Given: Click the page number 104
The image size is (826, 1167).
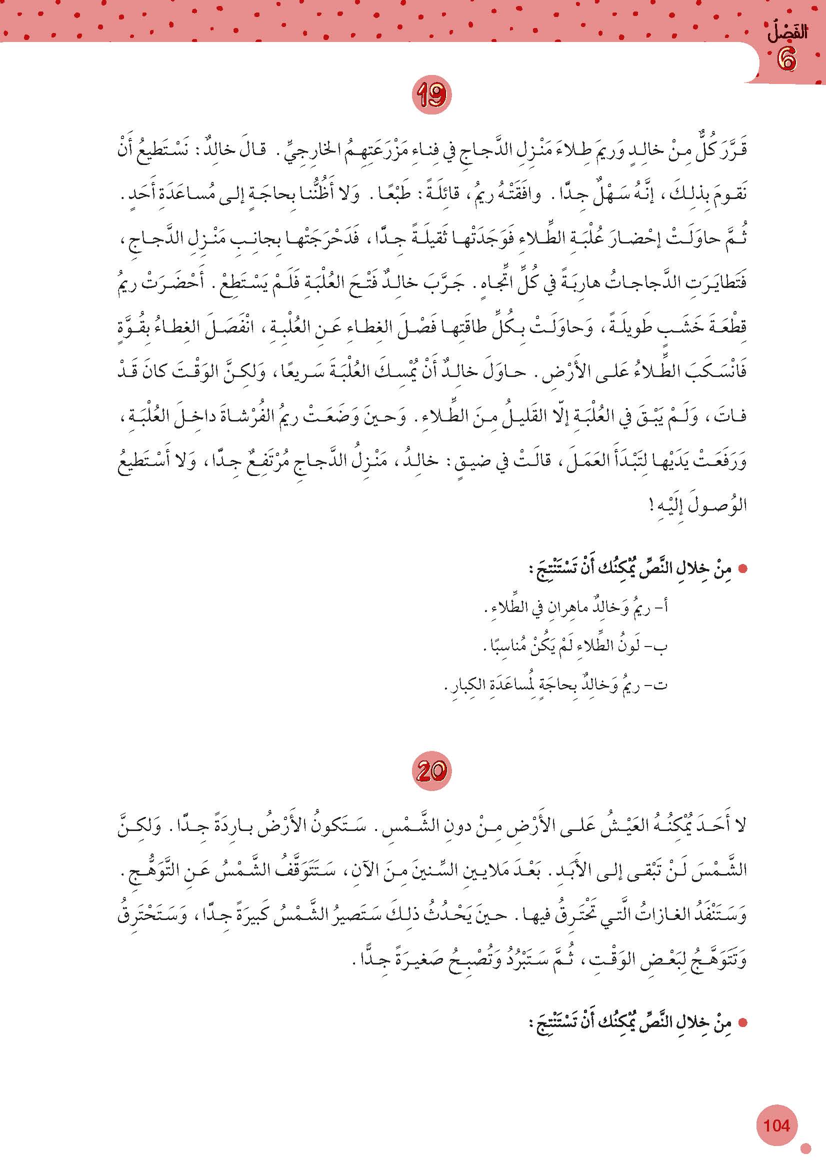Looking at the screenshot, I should (x=776, y=1125).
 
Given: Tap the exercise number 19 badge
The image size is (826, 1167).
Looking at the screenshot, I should (x=432, y=95).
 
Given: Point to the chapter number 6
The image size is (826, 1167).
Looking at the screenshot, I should (x=786, y=61).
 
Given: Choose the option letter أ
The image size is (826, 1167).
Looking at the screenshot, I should (x=662, y=606).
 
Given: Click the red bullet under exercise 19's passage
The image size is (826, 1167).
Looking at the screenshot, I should (x=742, y=570).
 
